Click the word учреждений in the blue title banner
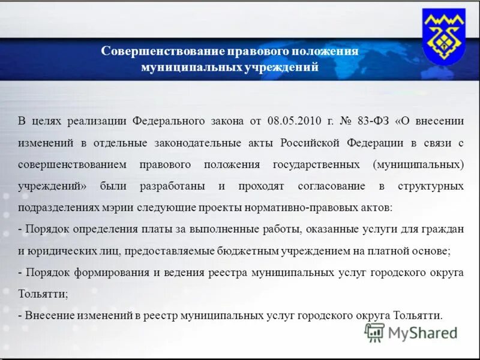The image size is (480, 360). (281, 68)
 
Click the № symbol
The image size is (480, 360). (345, 121)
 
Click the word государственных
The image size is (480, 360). (316, 164)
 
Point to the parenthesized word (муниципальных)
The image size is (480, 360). (418, 164)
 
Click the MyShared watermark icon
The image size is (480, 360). (375, 332)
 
